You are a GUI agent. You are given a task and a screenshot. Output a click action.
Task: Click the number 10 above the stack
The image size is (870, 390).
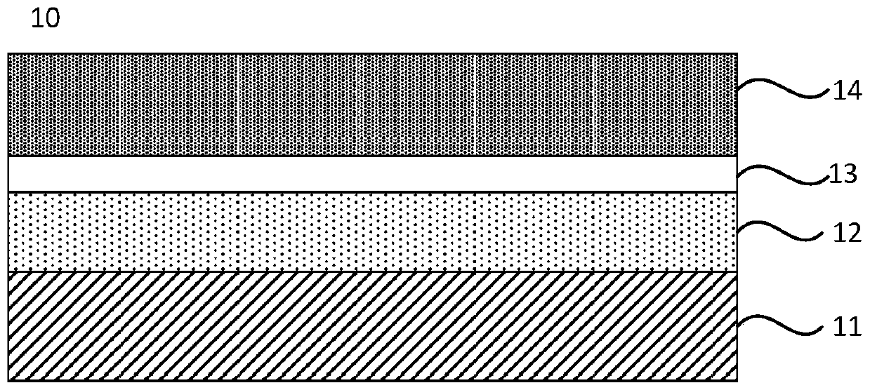[46, 18]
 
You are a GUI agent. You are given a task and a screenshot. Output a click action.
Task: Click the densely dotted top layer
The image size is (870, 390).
[372, 104]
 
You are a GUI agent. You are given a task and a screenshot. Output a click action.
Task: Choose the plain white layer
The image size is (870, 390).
[372, 173]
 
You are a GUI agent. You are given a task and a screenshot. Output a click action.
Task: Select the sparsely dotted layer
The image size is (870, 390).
[372, 231]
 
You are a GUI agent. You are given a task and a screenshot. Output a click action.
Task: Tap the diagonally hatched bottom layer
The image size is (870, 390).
[372, 327]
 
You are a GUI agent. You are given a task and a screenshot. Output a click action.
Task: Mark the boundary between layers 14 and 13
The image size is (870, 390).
[372, 156]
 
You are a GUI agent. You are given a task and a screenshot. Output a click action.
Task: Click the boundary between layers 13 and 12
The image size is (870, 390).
[372, 191]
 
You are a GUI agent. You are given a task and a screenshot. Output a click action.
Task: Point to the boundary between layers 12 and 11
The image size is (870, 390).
[372, 271]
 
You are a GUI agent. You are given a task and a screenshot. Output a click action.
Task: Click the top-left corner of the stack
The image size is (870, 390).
[8, 53]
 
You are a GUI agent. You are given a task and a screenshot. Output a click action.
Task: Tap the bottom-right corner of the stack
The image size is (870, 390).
[737, 382]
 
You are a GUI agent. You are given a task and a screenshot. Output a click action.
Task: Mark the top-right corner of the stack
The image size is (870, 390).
[737, 53]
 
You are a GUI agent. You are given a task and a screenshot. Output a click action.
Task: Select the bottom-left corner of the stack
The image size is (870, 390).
[8, 382]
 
